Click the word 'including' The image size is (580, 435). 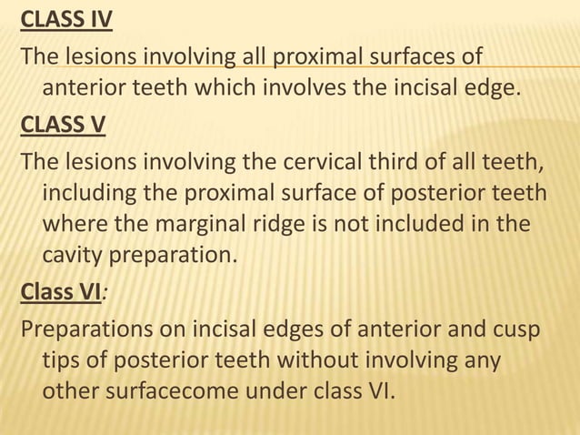click(89, 196)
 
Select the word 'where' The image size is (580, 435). click(74, 224)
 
